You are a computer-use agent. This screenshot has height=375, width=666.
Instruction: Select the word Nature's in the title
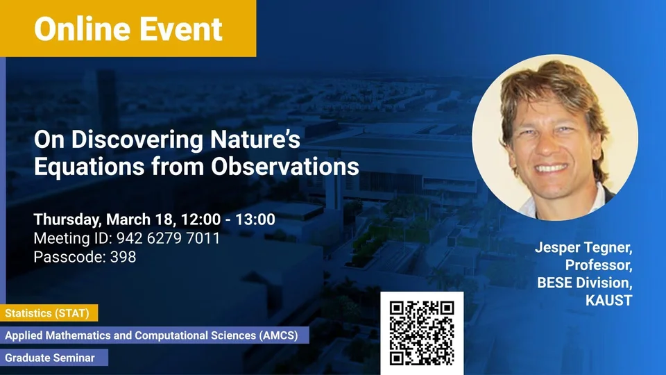tap(255, 140)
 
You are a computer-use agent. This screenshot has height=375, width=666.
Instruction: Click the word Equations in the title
tap(89, 166)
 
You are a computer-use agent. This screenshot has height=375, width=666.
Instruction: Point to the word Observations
tap(285, 166)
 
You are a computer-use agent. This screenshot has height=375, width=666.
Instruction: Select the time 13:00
tap(255, 219)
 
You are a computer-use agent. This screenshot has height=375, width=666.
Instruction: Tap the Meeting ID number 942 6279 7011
tap(168, 238)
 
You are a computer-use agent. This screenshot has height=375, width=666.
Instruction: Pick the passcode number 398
tap(123, 257)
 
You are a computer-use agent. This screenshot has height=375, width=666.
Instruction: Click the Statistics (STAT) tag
tap(49, 313)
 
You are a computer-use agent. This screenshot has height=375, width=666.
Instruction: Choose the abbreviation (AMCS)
tap(278, 335)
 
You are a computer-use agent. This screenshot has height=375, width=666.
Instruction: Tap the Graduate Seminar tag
tap(54, 358)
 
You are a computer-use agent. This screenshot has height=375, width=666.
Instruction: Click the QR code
tap(422, 333)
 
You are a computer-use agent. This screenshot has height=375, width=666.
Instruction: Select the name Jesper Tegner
tap(583, 247)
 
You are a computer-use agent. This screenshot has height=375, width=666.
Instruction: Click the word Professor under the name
tap(599, 265)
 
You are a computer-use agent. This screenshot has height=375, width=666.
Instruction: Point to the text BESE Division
tap(584, 283)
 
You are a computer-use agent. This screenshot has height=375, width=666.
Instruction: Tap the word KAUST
tap(608, 301)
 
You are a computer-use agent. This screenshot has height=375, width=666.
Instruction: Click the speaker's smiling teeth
tap(551, 168)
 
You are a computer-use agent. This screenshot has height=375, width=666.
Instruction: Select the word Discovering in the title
tap(137, 140)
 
